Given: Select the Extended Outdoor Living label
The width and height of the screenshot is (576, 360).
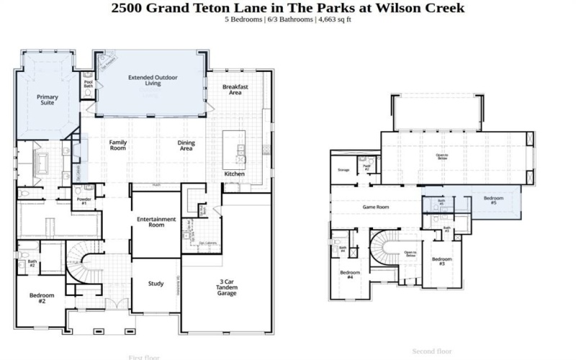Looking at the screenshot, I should (x=153, y=80).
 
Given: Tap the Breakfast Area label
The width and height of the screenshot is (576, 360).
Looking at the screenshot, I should (x=235, y=89).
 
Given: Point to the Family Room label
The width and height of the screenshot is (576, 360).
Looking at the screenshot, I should (x=118, y=146).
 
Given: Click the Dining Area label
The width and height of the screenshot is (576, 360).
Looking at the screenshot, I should (x=186, y=146).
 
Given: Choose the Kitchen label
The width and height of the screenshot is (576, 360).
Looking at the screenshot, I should (x=234, y=174).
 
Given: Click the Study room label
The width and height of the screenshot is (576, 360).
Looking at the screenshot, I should (x=156, y=283).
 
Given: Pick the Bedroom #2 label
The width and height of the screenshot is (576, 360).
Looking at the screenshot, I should (x=37, y=298).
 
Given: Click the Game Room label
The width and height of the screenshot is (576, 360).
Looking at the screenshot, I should (x=375, y=207).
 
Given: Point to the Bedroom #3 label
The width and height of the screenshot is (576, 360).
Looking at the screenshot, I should (x=442, y=261).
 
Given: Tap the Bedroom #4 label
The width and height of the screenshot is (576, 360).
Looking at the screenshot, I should (x=350, y=275).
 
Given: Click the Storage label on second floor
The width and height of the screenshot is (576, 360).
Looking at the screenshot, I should (x=343, y=170).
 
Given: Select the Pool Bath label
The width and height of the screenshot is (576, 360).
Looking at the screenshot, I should (x=89, y=84).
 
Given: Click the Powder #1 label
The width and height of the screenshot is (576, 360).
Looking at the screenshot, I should (x=84, y=202).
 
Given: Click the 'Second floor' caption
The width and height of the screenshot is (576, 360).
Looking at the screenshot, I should (x=431, y=351).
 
